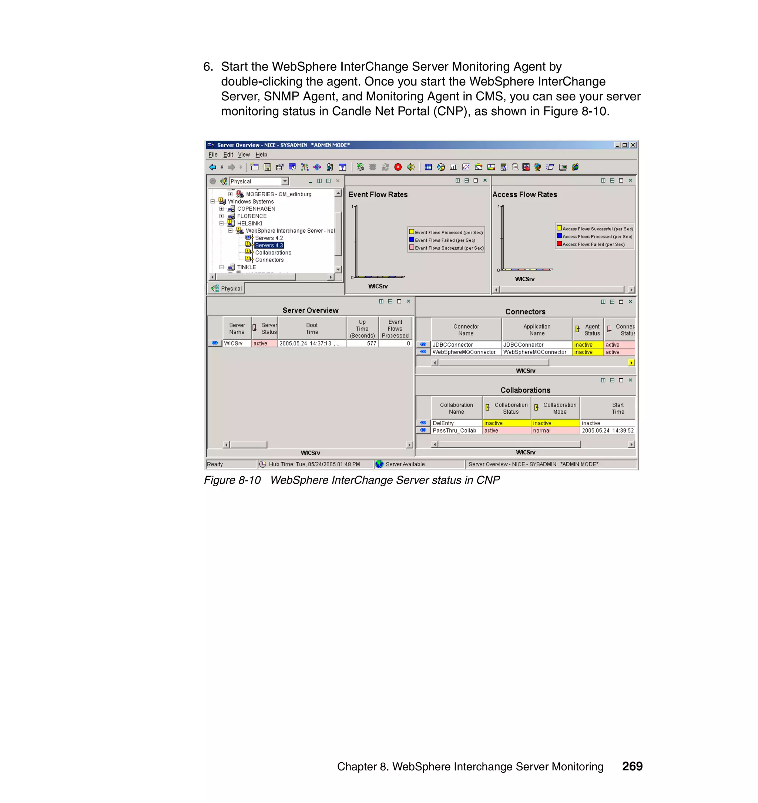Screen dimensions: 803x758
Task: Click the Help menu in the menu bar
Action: coord(261,154)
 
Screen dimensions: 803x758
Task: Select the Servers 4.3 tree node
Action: coord(269,246)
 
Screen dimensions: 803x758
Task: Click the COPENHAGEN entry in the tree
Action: coord(256,209)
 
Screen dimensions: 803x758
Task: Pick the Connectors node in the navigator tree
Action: coord(269,260)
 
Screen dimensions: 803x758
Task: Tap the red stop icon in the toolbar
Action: coord(398,167)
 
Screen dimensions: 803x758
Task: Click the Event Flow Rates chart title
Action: coord(378,194)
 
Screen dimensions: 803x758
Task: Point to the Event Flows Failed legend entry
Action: coord(445,240)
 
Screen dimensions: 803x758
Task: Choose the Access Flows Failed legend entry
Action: coord(593,244)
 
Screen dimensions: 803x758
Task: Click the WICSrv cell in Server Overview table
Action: coord(234,343)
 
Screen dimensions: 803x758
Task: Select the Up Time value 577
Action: coord(371,343)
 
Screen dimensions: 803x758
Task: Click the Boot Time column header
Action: coord(312,328)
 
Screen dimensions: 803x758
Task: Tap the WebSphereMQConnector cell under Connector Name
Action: coord(464,352)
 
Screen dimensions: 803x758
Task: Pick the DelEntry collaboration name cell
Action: coord(443,423)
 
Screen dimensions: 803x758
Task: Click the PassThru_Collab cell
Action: coord(454,431)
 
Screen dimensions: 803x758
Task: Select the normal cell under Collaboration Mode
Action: coord(542,431)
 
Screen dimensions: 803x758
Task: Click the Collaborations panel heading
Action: coord(525,390)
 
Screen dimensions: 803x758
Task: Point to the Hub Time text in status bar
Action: coord(314,464)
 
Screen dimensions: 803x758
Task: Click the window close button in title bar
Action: coord(633,145)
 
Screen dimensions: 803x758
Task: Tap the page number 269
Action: coord(632,766)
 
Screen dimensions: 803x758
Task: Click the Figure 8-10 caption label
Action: coord(232,480)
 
